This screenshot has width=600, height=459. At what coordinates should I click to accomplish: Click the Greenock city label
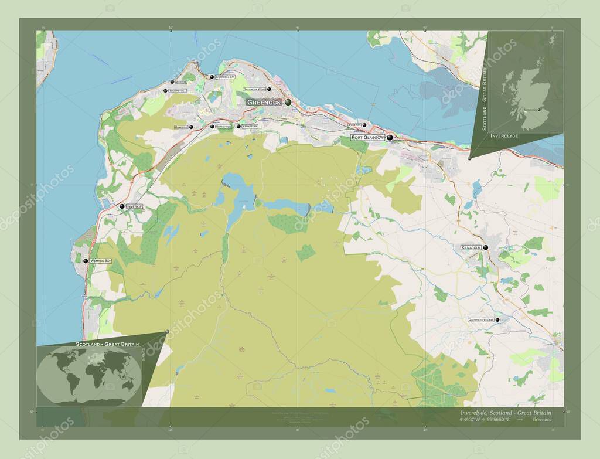265,102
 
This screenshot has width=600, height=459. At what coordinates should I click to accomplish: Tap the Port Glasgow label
367,137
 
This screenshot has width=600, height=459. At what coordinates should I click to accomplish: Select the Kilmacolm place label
471,248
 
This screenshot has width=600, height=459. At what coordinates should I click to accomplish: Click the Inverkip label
134,206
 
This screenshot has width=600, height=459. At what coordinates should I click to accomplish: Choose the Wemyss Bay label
100,260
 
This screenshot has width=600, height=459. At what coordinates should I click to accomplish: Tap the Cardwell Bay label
225,77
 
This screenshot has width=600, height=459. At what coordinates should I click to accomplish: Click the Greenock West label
254,89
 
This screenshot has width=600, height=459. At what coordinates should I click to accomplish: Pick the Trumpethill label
177,91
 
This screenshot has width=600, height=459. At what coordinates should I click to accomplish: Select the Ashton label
180,82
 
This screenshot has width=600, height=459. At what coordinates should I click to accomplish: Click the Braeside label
181,127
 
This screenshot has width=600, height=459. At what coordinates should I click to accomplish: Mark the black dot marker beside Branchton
212,126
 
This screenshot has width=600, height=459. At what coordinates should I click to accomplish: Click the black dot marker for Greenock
288,102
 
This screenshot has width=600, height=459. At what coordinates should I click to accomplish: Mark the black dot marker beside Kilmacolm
485,248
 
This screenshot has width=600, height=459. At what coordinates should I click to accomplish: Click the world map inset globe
88,375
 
